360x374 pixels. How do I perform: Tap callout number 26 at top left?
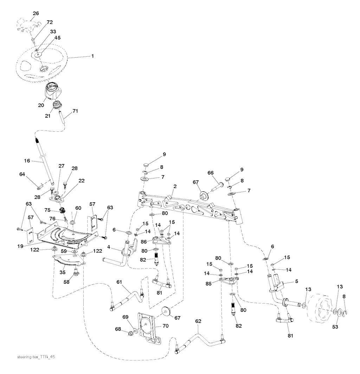(x=36, y=14)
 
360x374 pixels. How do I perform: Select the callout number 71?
(x=75, y=111)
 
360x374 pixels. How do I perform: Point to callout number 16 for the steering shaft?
(x=27, y=161)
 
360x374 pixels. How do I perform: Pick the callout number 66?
(x=211, y=172)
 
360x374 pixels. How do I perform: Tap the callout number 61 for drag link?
(x=119, y=282)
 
